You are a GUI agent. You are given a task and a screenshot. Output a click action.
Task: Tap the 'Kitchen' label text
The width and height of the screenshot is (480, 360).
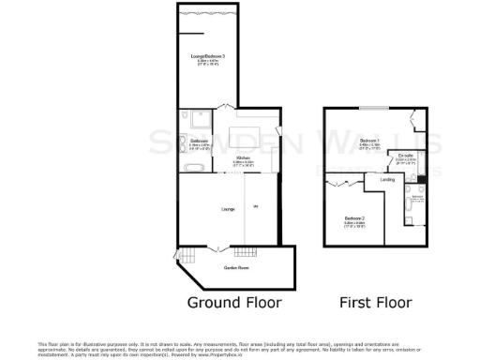(243, 157)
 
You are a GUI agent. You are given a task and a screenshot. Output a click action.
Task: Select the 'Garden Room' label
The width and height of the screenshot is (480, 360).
(235, 268)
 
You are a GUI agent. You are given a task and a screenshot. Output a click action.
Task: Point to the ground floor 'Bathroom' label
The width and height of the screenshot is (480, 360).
(198, 142)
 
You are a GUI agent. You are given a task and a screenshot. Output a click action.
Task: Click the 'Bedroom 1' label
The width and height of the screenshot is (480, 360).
(369, 140)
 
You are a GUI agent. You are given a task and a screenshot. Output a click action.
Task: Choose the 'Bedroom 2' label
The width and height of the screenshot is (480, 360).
(355, 217)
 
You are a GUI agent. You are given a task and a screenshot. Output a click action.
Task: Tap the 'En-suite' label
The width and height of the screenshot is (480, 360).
(405, 156)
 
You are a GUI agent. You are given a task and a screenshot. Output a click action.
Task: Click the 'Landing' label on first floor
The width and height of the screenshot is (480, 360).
(386, 177)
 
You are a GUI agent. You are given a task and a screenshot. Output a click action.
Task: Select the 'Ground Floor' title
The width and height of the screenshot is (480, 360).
(233, 303)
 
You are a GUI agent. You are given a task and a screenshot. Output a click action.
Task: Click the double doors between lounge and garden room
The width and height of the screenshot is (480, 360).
(218, 248)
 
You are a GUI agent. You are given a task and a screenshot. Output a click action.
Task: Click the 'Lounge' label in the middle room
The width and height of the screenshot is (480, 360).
(228, 208)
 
